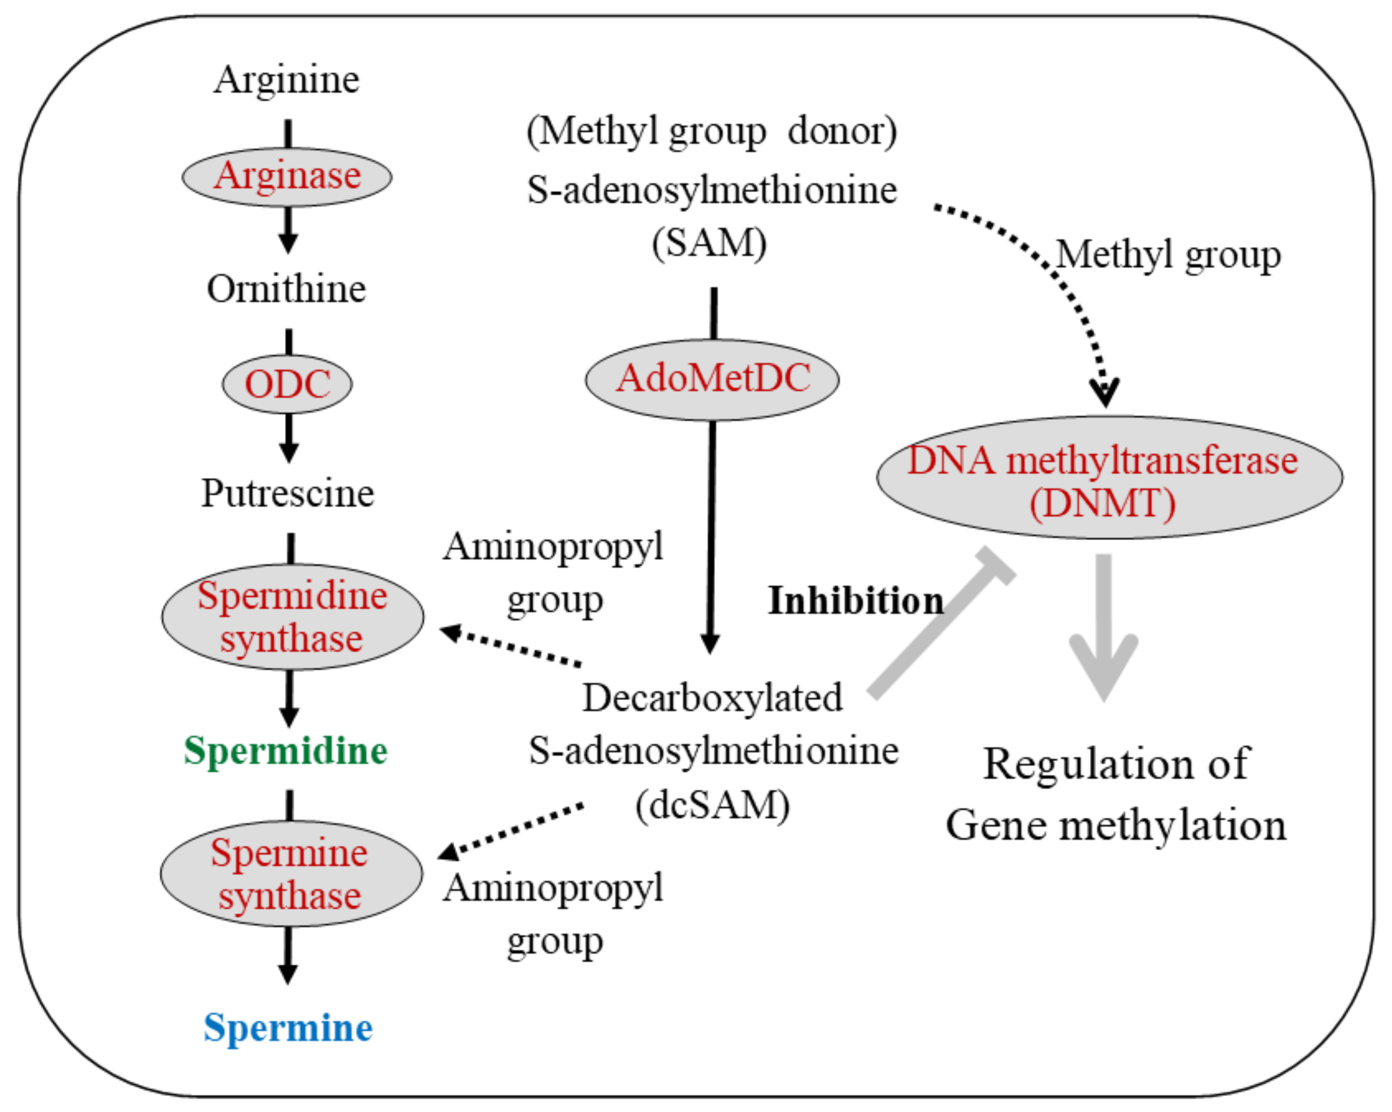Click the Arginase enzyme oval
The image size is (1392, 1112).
coord(287,176)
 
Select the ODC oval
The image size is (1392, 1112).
coord(287,384)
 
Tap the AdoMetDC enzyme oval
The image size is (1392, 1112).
coord(712,380)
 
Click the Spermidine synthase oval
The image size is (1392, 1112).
coord(292,617)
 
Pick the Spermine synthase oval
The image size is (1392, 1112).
coord(291,874)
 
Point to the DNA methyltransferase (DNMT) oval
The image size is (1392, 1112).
coord(1109,478)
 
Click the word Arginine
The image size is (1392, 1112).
coord(287,81)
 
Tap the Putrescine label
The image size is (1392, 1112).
coord(288,493)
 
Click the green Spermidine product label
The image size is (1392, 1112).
coord(285,751)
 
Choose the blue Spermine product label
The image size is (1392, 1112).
coord(288,1028)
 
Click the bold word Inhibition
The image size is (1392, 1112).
coord(856,601)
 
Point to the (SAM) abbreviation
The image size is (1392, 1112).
coord(709,244)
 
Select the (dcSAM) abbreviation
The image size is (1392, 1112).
coord(712,806)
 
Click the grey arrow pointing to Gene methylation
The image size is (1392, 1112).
coord(1104,626)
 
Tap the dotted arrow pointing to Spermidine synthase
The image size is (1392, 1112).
coord(510,646)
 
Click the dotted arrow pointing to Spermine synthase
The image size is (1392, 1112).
coord(510,832)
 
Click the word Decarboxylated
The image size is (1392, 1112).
coord(712,699)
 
